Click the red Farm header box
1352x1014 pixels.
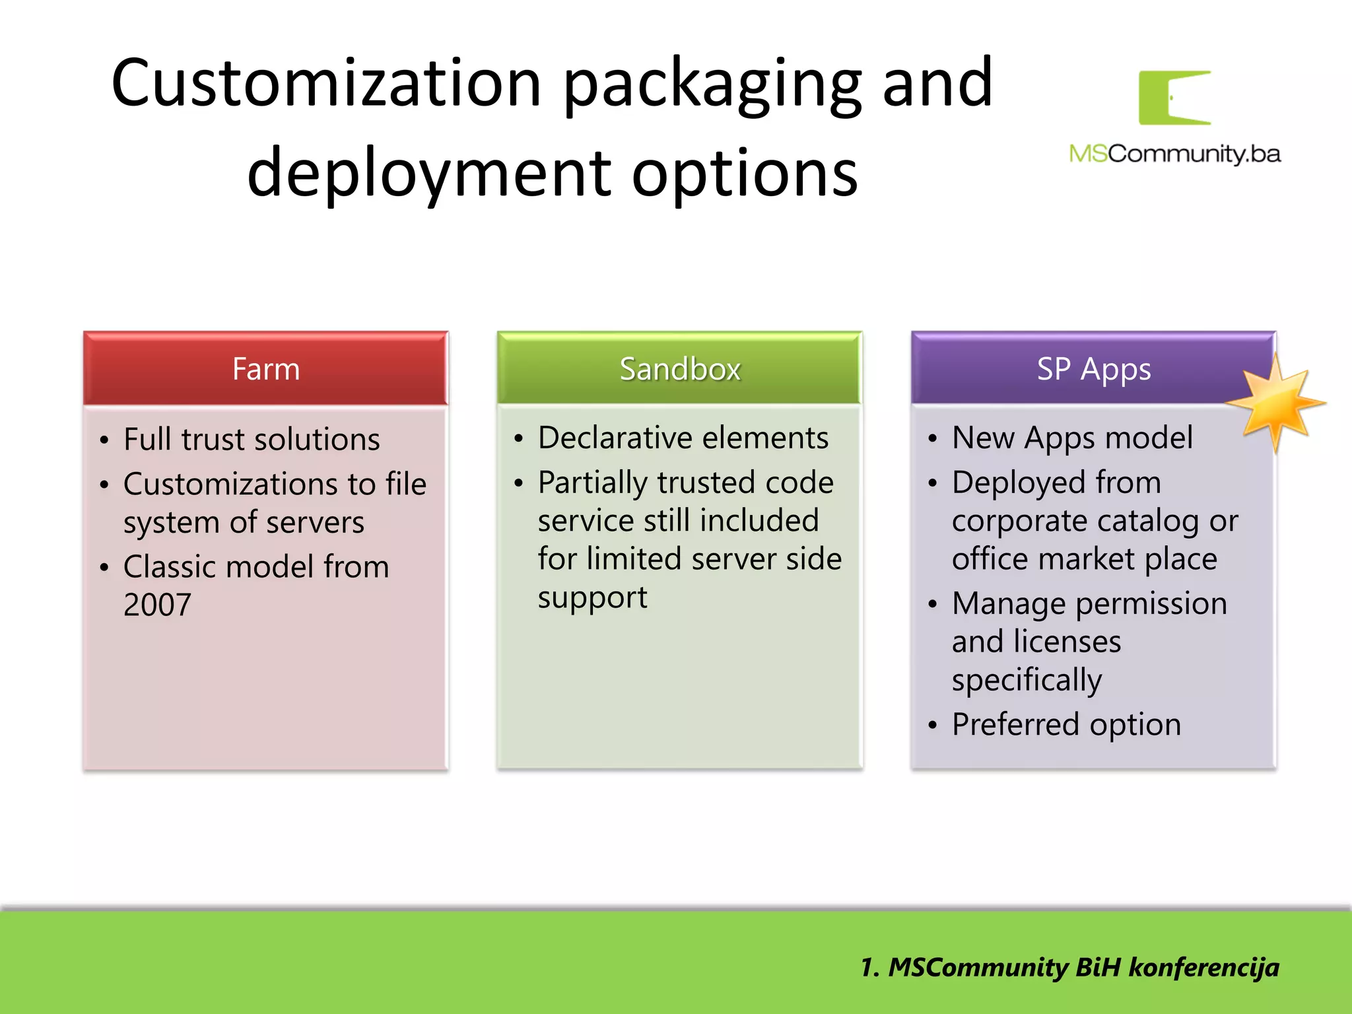tap(265, 368)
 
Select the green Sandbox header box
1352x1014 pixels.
tap(679, 368)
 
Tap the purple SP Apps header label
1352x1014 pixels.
tap(1093, 368)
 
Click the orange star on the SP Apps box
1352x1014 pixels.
tap(1275, 403)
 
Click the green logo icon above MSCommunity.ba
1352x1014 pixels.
tap(1174, 98)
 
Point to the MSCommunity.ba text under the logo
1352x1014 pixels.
tap(1174, 154)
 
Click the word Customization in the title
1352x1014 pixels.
tap(326, 83)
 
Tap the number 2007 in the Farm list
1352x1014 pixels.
tap(157, 605)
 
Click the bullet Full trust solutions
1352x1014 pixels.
tap(251, 440)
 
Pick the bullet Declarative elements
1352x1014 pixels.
tap(683, 438)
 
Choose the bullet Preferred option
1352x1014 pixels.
tap(1065, 724)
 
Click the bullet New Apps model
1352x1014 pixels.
tap(1072, 438)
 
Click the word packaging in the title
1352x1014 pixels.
tap(712, 83)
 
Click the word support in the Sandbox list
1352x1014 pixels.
tap(592, 597)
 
